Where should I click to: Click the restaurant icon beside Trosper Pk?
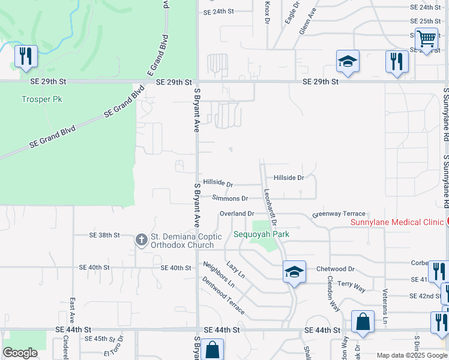pyautogui.click(x=26, y=56)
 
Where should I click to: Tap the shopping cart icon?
pyautogui.click(x=426, y=39)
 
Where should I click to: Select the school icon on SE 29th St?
pyautogui.click(x=348, y=61)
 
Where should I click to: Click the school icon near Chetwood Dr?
pyautogui.click(x=295, y=272)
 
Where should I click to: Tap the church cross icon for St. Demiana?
pyautogui.click(x=142, y=240)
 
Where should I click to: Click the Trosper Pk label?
pyautogui.click(x=42, y=99)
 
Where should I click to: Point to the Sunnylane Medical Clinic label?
pyautogui.click(x=397, y=223)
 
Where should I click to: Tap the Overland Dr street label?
pyautogui.click(x=237, y=214)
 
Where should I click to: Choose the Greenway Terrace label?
pyautogui.click(x=339, y=214)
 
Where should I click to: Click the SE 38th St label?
pyautogui.click(x=104, y=235)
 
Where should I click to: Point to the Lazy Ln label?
pyautogui.click(x=236, y=269)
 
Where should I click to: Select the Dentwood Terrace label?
pyautogui.click(x=223, y=295)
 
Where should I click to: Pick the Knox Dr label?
pyautogui.click(x=267, y=12)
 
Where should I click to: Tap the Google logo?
pyautogui.click(x=20, y=353)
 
